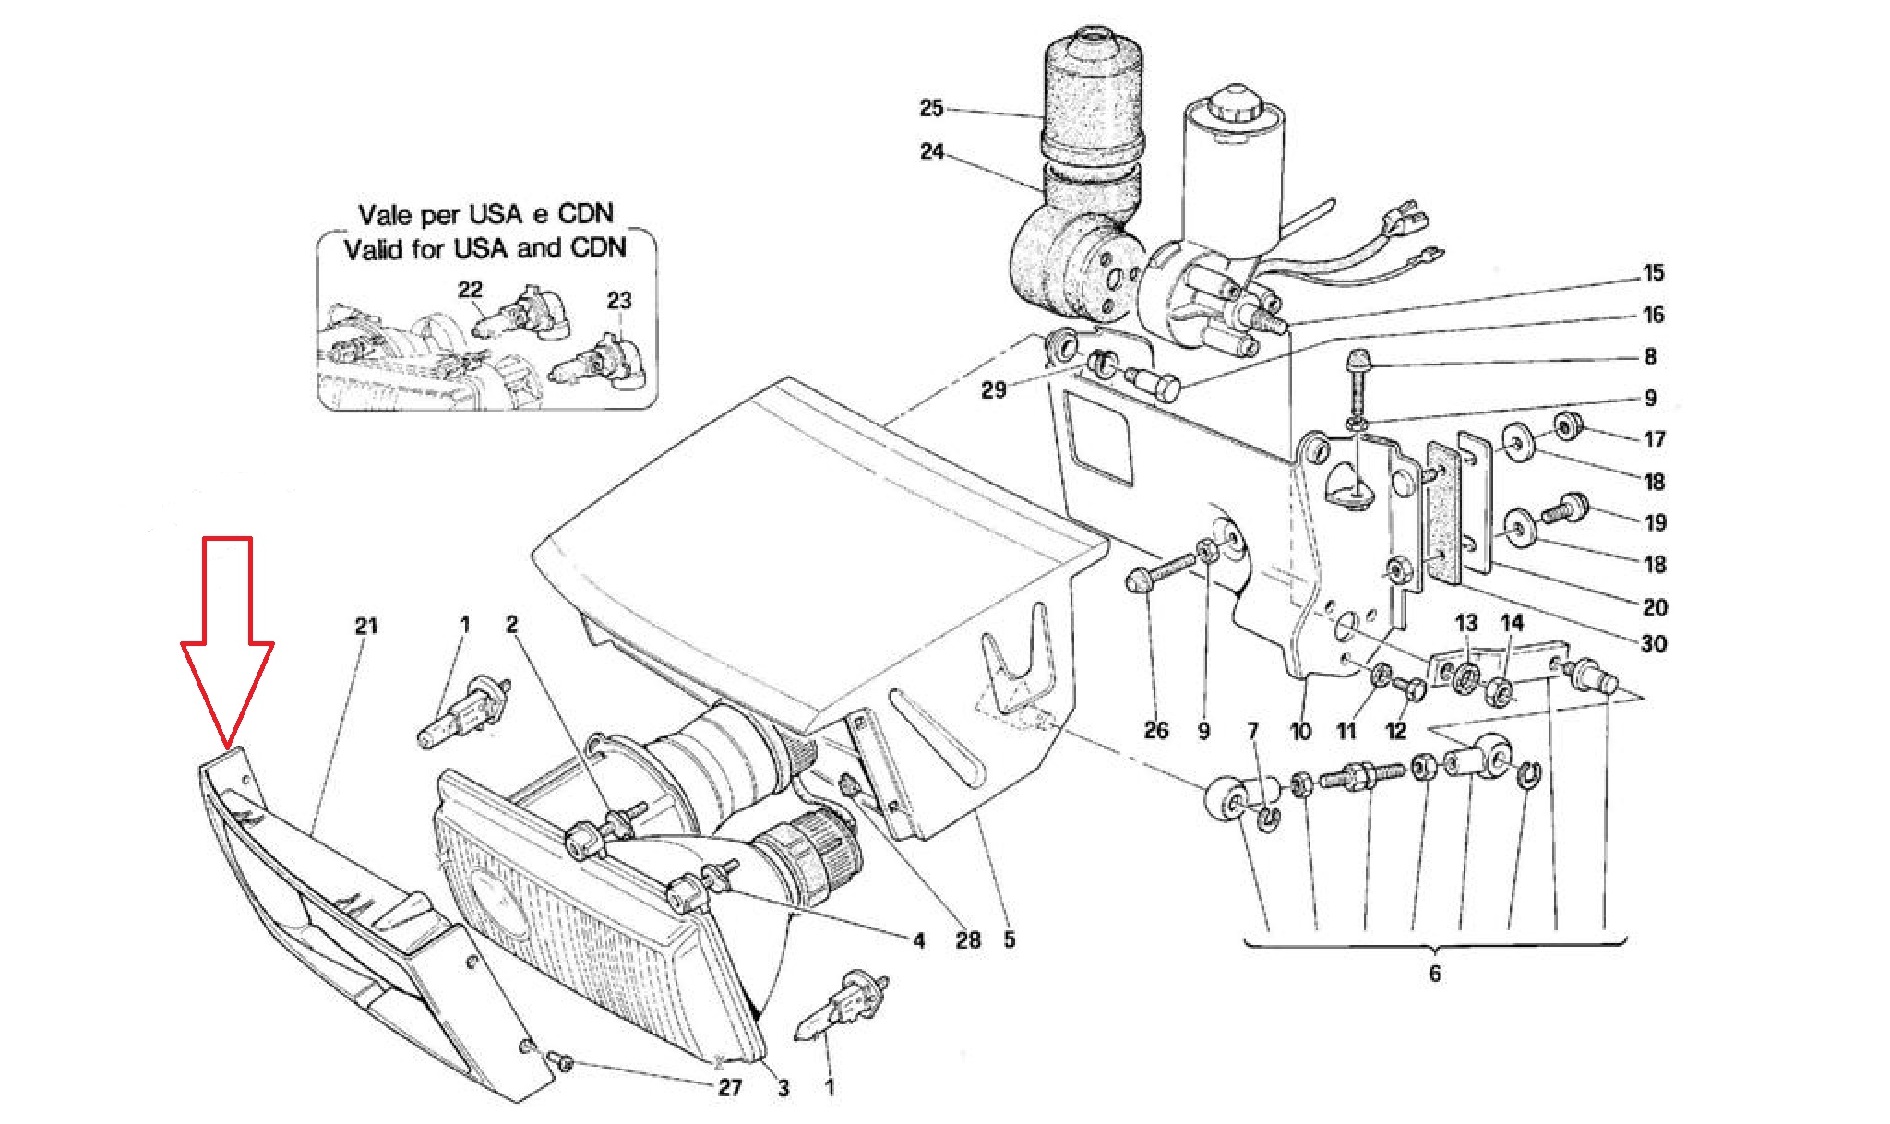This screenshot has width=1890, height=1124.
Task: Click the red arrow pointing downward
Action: pyautogui.click(x=227, y=640)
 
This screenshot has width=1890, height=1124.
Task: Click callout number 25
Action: pyautogui.click(x=932, y=109)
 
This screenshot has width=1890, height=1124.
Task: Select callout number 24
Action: pyautogui.click(x=932, y=151)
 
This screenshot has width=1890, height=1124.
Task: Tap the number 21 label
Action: pyautogui.click(x=366, y=626)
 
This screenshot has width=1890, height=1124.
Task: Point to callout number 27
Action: pyautogui.click(x=730, y=1087)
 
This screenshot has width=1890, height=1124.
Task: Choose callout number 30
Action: pyautogui.click(x=1655, y=644)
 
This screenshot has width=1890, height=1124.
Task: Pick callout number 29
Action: pyautogui.click(x=993, y=389)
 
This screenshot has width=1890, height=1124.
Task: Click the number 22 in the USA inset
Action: pyautogui.click(x=471, y=289)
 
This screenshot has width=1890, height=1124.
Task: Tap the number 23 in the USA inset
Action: pyautogui.click(x=619, y=300)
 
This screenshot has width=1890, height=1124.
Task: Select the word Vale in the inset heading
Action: pyautogui.click(x=384, y=215)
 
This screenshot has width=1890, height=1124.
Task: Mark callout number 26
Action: pyautogui.click(x=1156, y=731)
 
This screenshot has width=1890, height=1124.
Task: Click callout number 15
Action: pyautogui.click(x=1653, y=273)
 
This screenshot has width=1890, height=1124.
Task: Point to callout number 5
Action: pyautogui.click(x=1010, y=939)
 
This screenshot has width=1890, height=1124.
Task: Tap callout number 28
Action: pyautogui.click(x=968, y=939)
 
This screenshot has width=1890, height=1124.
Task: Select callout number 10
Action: pyautogui.click(x=1300, y=732)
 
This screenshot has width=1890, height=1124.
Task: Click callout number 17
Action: pyautogui.click(x=1655, y=439)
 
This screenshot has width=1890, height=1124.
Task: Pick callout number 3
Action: pyautogui.click(x=783, y=1088)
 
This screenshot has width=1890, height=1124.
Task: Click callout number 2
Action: pyautogui.click(x=511, y=625)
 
